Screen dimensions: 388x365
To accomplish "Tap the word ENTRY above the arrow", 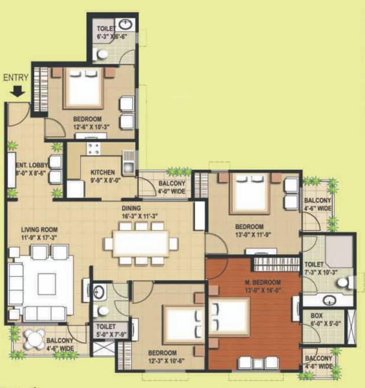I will [16, 78].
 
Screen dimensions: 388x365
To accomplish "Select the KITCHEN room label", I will [103, 173].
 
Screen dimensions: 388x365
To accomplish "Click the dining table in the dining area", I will [141, 243].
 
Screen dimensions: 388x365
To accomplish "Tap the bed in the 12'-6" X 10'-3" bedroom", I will [85, 90].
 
